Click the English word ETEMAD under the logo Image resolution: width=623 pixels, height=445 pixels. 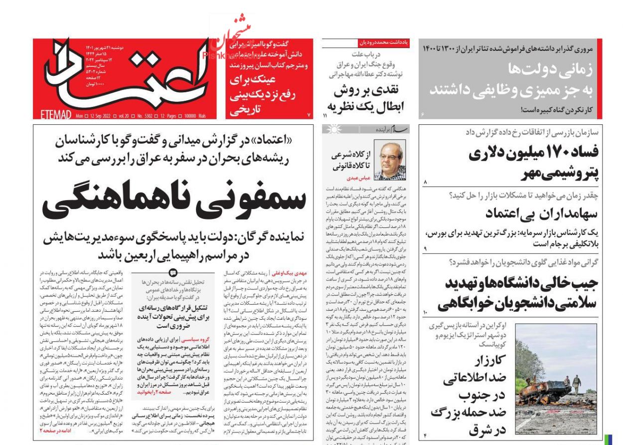[x=53, y=116]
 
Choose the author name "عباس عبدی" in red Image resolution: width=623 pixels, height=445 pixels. [x=357, y=178]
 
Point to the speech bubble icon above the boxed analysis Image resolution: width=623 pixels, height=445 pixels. [x=173, y=272]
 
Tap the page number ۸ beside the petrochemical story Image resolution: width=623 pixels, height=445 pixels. [x=425, y=183]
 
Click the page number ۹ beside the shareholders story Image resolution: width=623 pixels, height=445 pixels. [x=426, y=248]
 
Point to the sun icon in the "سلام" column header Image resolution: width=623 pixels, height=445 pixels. [x=330, y=130]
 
